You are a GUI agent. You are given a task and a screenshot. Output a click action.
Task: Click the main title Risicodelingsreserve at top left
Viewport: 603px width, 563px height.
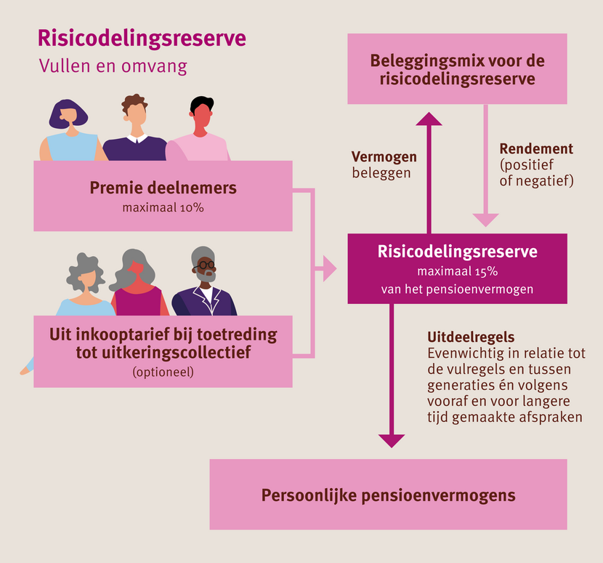tap(142, 39)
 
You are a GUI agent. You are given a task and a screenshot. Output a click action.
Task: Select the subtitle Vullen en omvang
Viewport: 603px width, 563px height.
tap(113, 66)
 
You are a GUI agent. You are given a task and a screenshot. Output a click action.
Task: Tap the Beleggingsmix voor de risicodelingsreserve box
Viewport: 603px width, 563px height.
tap(457, 69)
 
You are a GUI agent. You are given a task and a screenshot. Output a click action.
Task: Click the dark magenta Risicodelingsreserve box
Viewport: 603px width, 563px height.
tap(457, 269)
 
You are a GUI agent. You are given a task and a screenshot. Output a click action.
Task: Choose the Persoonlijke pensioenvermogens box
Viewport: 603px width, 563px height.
tap(389, 495)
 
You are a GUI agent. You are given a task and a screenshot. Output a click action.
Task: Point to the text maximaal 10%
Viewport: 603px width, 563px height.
tap(163, 208)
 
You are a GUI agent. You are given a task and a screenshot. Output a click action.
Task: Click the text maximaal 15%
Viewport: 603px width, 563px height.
tap(458, 271)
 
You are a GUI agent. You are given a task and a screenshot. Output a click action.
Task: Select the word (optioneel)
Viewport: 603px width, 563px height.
tap(163, 372)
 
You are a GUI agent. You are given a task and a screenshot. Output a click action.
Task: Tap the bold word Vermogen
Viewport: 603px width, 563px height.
tap(384, 156)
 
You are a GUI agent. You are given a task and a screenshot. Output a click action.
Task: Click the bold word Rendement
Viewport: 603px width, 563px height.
tap(536, 148)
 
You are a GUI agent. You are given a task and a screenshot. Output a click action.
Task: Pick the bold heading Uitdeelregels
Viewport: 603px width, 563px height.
tap(471, 337)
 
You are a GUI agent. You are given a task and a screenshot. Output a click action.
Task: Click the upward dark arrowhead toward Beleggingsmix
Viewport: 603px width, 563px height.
tap(429, 119)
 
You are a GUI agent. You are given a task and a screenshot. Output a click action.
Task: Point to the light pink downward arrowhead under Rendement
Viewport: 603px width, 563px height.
tap(486, 220)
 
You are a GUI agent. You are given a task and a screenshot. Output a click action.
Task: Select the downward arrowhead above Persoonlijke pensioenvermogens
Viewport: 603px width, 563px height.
tap(392, 441)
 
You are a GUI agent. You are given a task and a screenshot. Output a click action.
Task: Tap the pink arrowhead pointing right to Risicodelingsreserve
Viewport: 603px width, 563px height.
tap(330, 268)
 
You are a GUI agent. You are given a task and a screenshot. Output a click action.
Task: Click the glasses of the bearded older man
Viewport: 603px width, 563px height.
tap(207, 265)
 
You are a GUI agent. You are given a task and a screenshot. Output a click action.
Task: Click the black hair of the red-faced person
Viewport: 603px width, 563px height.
tap(202, 104)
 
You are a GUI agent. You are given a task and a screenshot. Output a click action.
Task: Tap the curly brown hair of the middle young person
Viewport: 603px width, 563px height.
tap(134, 103)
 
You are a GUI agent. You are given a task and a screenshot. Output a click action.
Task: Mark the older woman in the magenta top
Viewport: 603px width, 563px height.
tap(138, 284)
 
